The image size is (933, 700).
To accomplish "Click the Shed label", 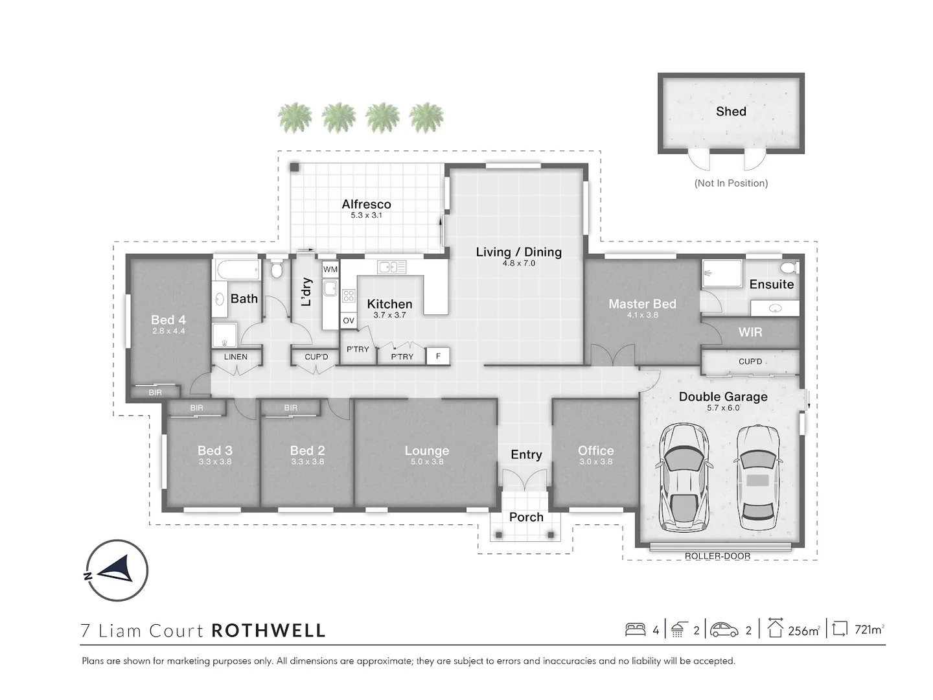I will pos(731,111).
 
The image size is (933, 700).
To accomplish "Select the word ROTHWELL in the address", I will pos(268,631).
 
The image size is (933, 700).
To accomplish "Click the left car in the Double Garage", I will pos(684,476).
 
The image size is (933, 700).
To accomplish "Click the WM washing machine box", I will pos(330,269).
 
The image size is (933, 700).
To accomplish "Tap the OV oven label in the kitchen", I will pos(349,320).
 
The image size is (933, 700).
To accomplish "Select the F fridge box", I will pos(438,356).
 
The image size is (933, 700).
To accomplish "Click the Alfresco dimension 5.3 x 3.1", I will pos(366,215).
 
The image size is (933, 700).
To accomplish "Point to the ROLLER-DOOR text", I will pos(717,556).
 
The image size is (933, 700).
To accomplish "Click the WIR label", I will pos(750,332).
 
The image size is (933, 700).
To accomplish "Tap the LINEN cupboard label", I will pos(236,356).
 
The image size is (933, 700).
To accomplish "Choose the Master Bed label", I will pos(642,303).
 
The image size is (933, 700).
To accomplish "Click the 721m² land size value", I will pos(869,629).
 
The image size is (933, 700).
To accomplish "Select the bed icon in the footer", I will pos(635,629).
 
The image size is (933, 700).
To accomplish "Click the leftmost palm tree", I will pos(295,118).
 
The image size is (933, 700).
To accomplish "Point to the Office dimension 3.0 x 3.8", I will pos(595,461).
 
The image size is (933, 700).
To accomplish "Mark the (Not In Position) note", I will pos(731,183).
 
